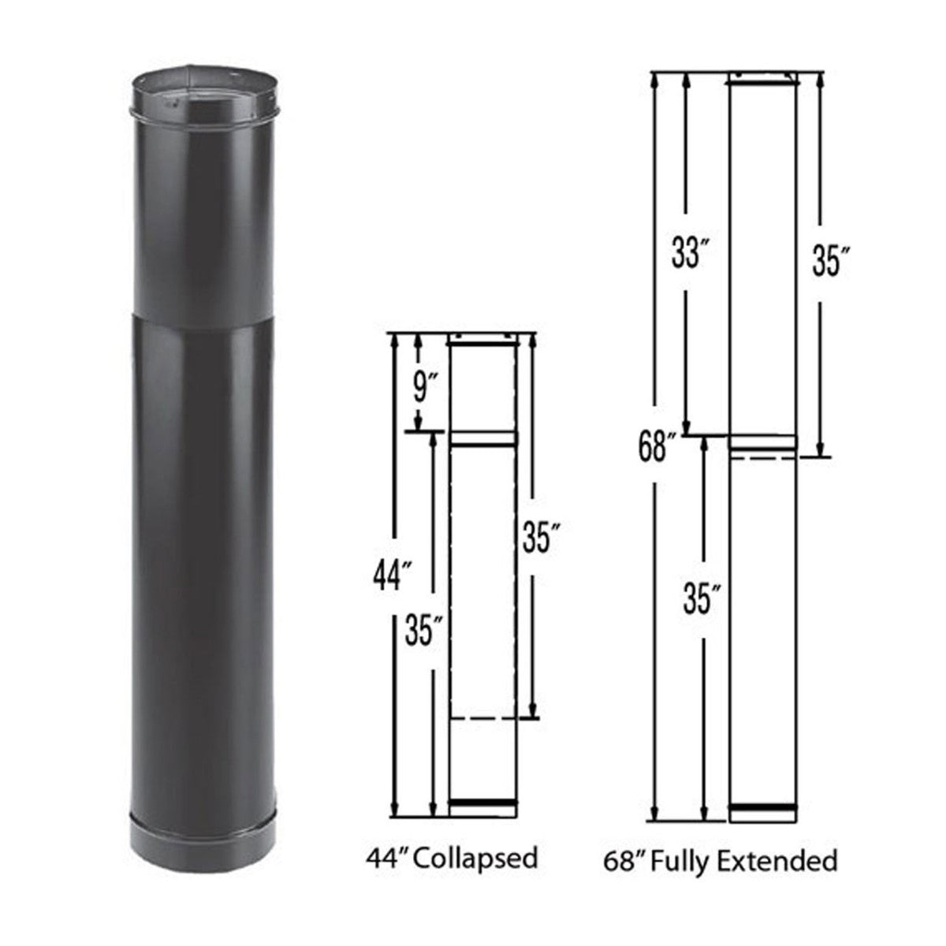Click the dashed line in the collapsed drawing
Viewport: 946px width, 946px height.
482,718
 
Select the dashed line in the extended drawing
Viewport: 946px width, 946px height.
762,457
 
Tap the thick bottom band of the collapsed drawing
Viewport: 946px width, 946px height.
482,803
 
